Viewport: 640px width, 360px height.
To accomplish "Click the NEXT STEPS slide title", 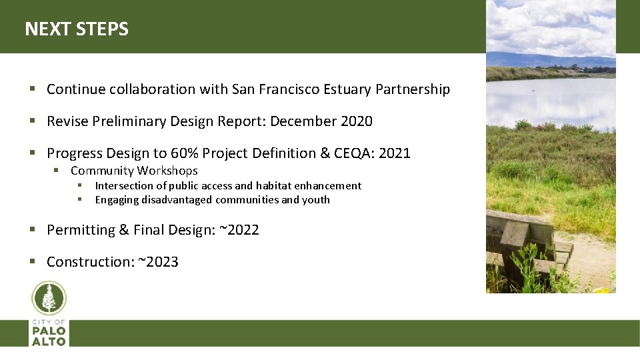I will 77,29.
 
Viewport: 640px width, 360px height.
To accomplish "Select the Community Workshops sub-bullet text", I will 134,171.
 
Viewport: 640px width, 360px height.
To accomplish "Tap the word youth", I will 316,200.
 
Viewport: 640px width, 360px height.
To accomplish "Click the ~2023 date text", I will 158,262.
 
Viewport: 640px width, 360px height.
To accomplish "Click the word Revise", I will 68,121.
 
